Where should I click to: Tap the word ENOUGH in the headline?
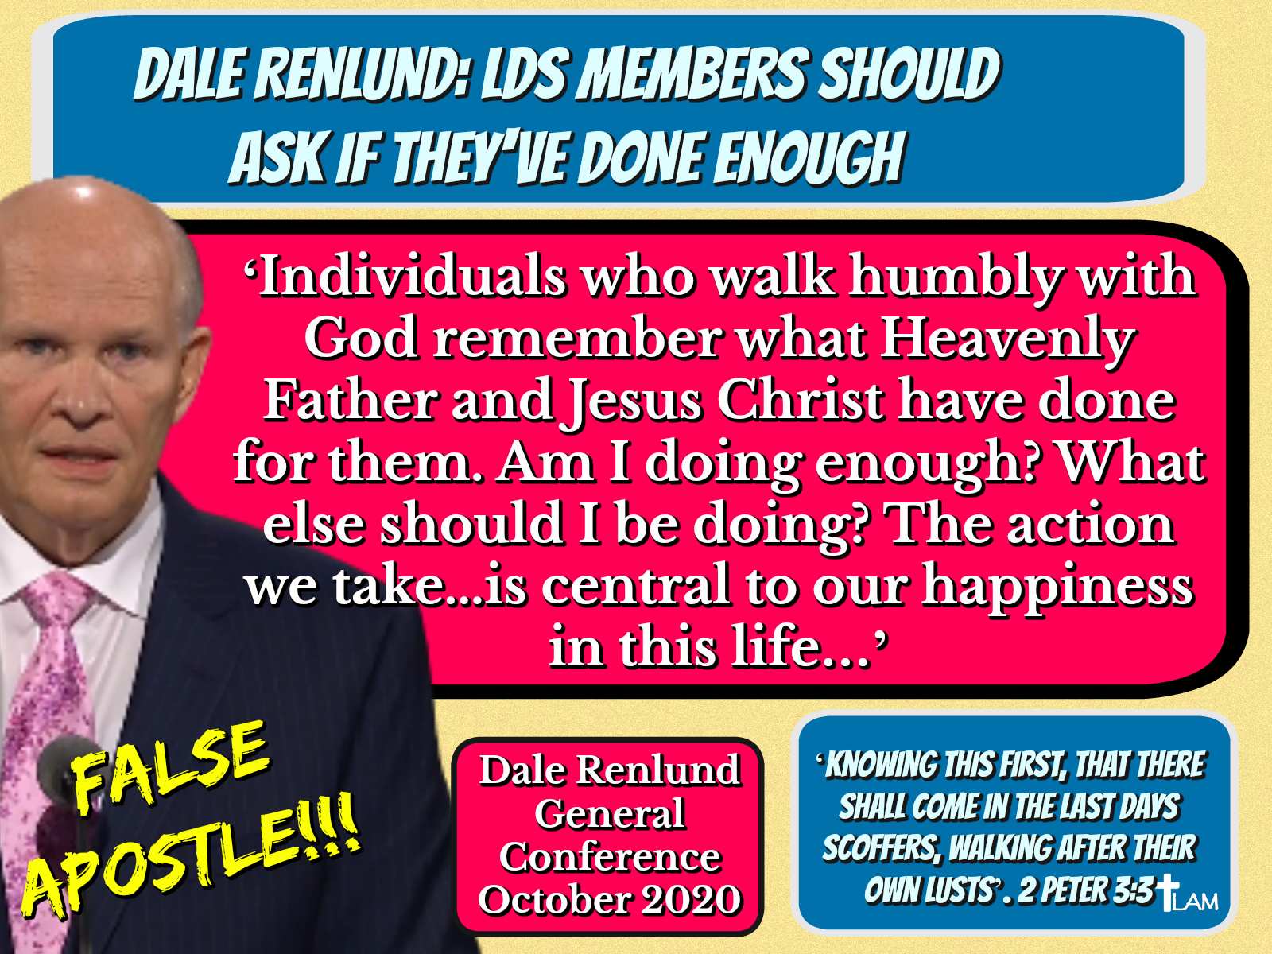click(x=809, y=157)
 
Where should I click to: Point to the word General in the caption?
click(x=610, y=814)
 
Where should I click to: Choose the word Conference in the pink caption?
click(x=610, y=857)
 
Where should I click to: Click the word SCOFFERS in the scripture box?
click(x=880, y=848)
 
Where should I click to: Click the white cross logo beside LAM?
click(x=1169, y=893)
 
